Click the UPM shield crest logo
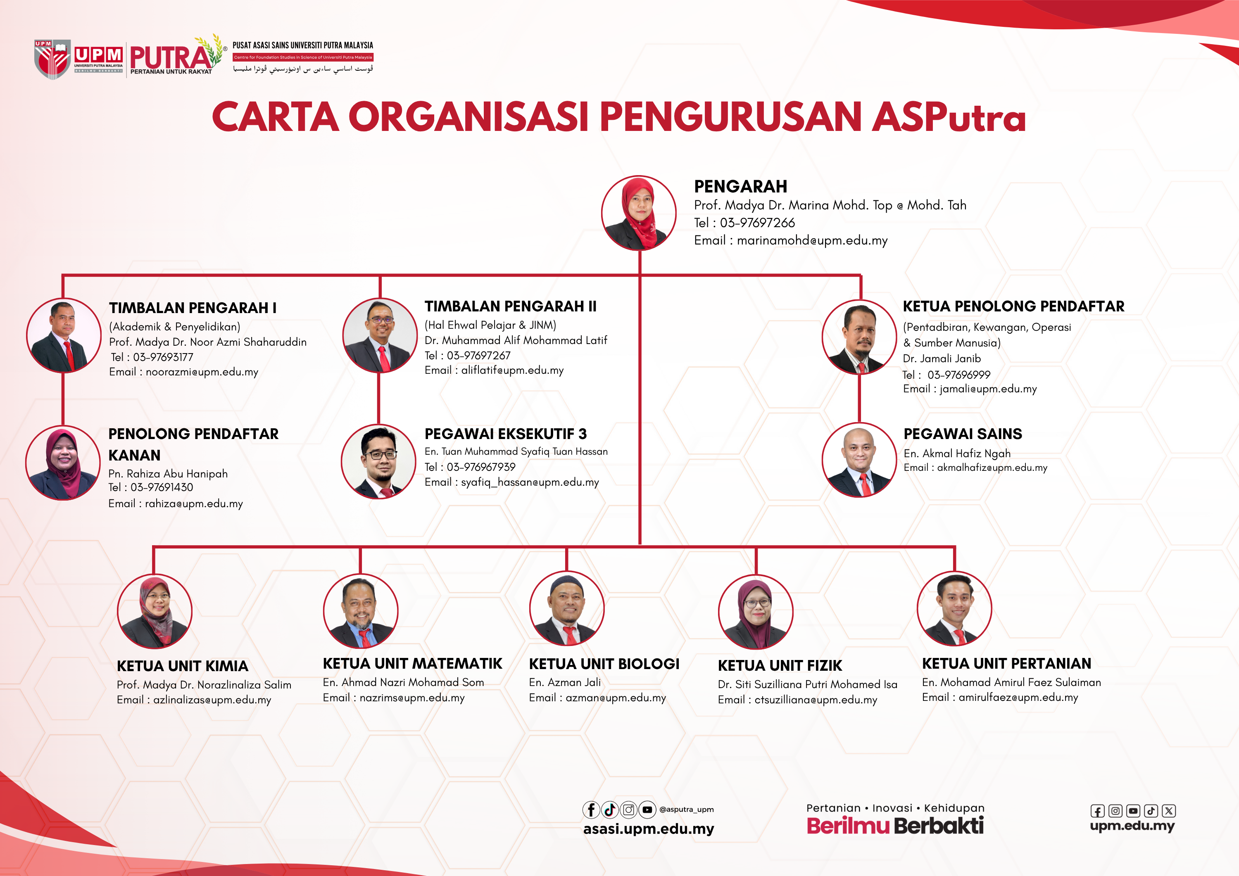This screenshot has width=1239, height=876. pyautogui.click(x=52, y=59)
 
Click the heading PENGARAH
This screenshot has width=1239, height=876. pyautogui.click(x=740, y=186)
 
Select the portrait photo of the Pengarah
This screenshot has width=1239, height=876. pyautogui.click(x=639, y=213)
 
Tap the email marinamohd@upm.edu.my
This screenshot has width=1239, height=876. pyautogui.click(x=812, y=240)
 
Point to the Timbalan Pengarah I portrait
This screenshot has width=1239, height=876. pyautogui.click(x=64, y=335)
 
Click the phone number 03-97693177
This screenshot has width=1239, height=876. pyautogui.click(x=163, y=357)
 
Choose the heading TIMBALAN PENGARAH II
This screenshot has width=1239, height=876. pyautogui.click(x=511, y=306)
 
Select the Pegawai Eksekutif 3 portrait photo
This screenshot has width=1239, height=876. pyautogui.click(x=378, y=462)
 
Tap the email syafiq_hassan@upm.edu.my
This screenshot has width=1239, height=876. pyautogui.click(x=530, y=482)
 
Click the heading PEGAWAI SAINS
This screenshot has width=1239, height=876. pyautogui.click(x=963, y=434)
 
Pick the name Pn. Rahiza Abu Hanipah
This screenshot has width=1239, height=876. pyautogui.click(x=168, y=474)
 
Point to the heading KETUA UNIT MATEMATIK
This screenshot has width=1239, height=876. pyautogui.click(x=412, y=663)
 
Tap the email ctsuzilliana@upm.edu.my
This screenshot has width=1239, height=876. pyautogui.click(x=816, y=700)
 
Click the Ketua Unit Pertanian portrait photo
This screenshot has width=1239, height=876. pyautogui.click(x=954, y=608)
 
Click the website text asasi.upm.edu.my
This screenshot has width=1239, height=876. pyautogui.click(x=649, y=829)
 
